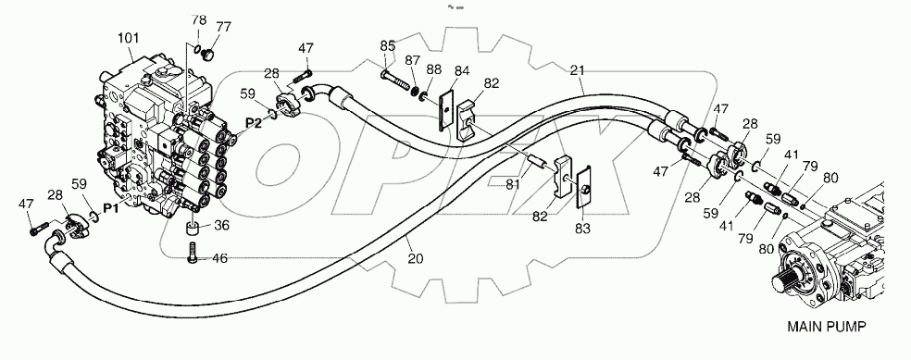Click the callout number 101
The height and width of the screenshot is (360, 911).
tap(128, 39)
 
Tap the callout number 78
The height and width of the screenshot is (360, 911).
tap(199, 20)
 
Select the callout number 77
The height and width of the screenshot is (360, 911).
tap(225, 27)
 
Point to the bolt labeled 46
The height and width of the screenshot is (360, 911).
tap(192, 251)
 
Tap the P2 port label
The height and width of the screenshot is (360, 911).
tap(253, 123)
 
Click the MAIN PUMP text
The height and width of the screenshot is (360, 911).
tap(830, 327)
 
